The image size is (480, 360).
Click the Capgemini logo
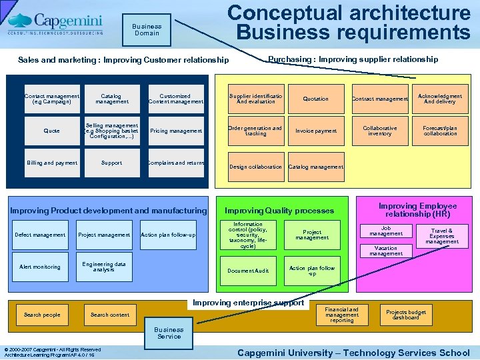56,24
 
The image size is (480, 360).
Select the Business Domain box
147,30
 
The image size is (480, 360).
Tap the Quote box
51,131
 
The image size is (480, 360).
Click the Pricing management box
176,131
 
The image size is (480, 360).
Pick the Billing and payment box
51,163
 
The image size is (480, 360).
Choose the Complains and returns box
176,163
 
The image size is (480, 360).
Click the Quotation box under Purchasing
316,99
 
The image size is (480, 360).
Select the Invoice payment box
316,131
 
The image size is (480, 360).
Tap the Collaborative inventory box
380,131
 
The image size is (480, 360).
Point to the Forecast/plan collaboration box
441,131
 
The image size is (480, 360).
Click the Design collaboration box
255,167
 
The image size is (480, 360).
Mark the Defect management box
40,235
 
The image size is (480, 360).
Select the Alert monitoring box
40,267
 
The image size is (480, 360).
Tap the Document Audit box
248,271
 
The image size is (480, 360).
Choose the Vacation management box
386,251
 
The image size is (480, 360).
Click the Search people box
42,315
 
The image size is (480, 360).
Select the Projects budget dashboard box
406,315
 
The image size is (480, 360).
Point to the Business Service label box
169,333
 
